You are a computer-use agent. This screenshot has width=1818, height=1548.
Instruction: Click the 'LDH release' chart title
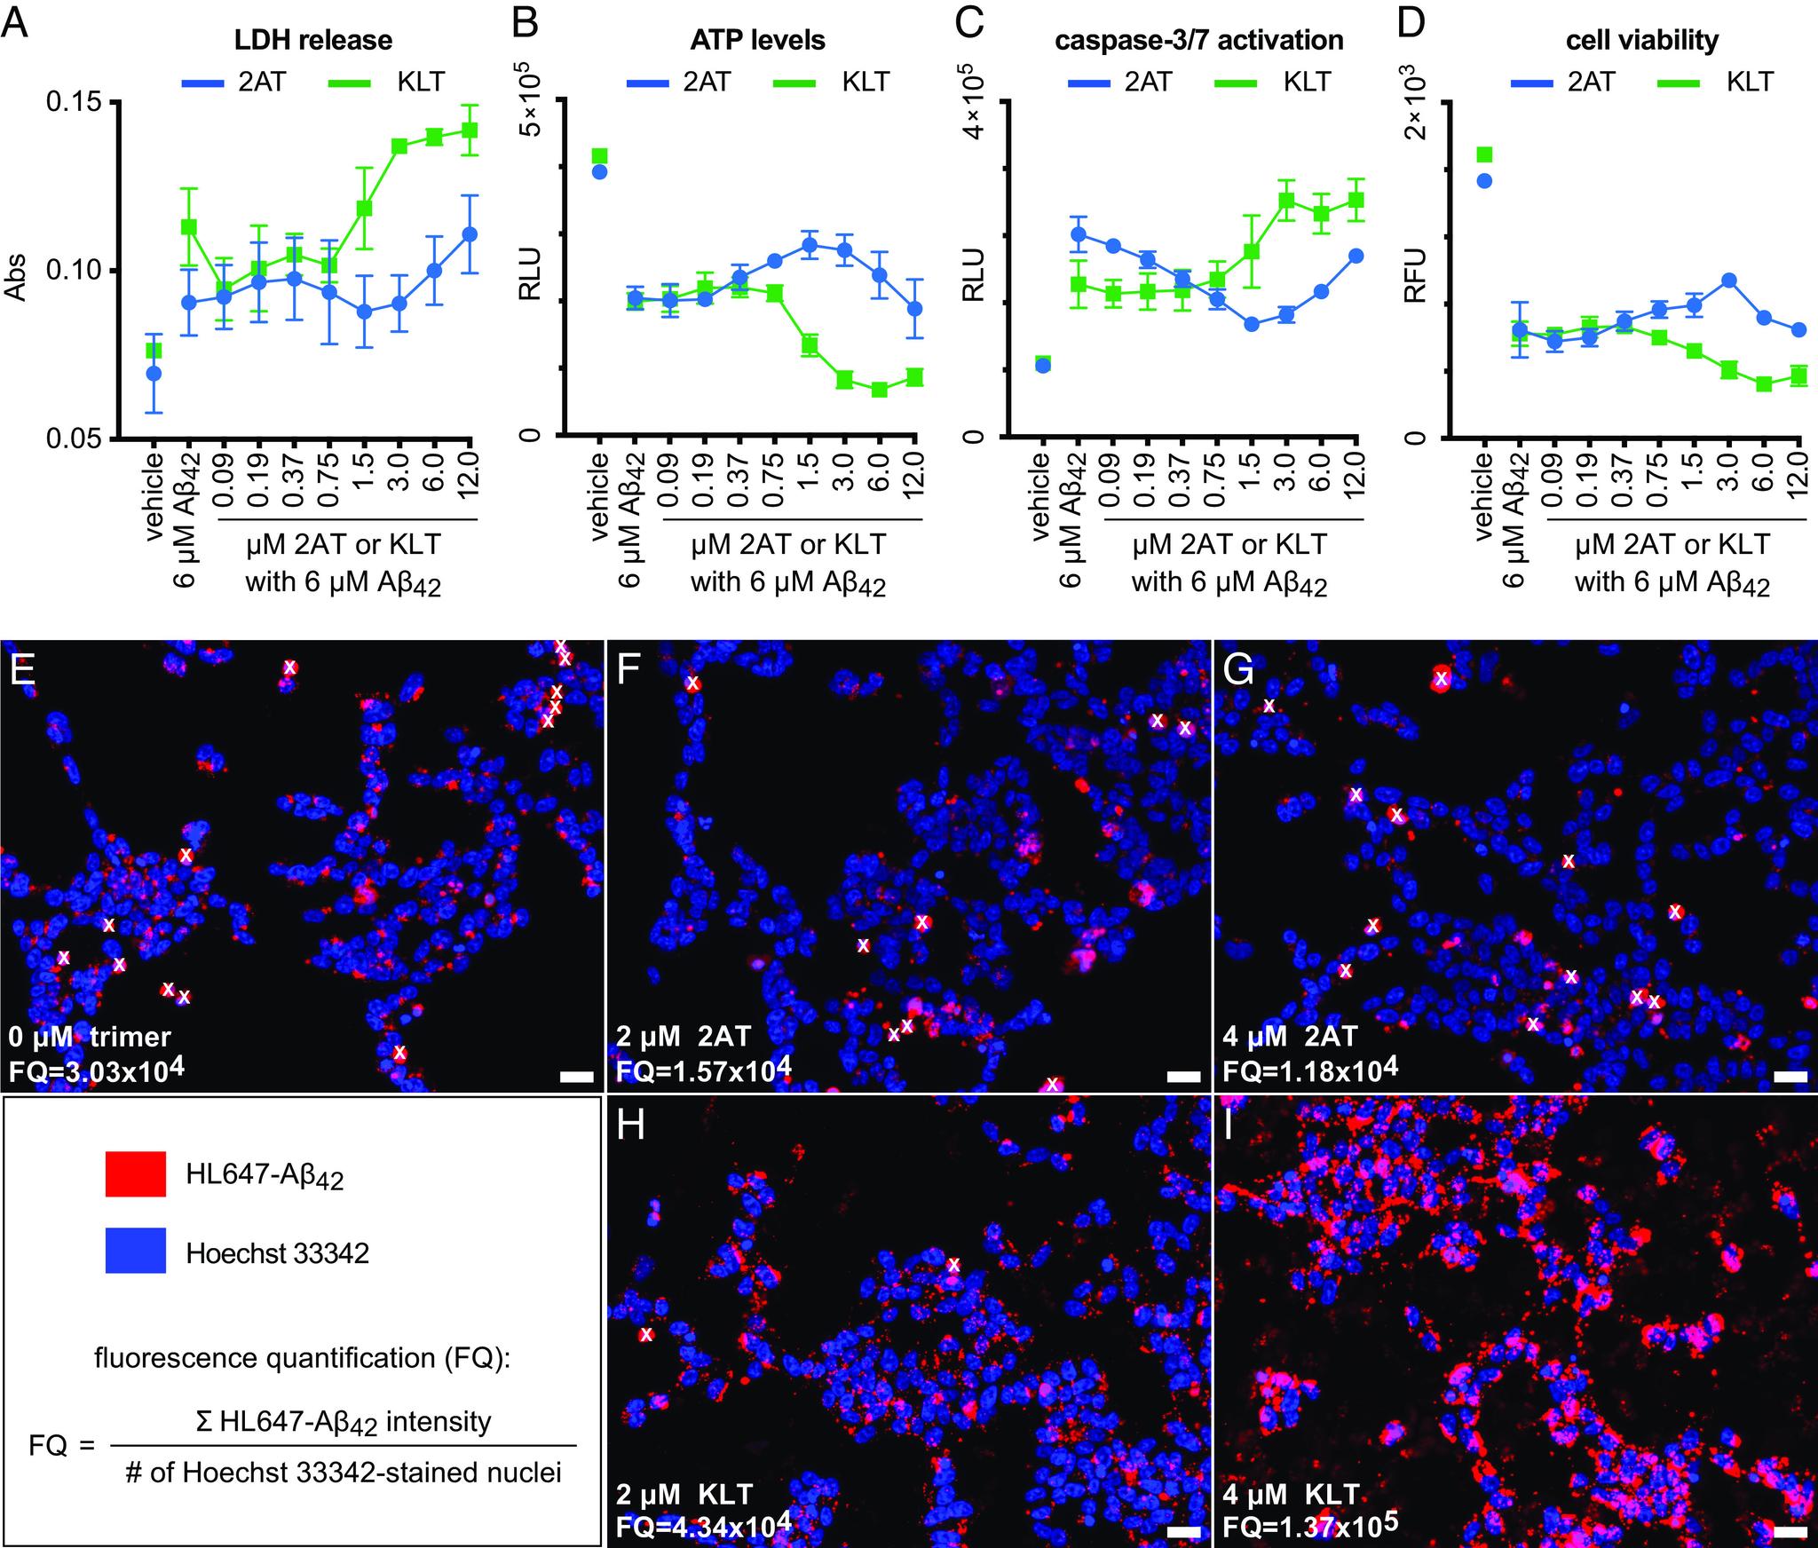click(x=312, y=40)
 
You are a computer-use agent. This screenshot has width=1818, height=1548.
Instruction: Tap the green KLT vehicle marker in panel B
click(x=599, y=156)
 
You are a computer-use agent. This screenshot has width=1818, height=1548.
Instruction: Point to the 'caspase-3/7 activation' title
click(x=1199, y=40)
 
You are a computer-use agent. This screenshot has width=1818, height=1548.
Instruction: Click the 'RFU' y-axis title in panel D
click(x=1415, y=276)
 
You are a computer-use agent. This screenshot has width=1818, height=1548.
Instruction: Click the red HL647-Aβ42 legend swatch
click(x=135, y=1174)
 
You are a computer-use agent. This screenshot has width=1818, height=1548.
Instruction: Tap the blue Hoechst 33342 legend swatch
click(x=135, y=1252)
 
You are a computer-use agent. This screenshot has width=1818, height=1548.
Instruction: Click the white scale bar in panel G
click(x=1788, y=1077)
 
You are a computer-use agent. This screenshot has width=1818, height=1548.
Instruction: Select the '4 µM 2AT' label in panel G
click(x=1288, y=1036)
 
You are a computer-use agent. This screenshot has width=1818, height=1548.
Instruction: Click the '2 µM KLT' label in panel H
click(x=685, y=1492)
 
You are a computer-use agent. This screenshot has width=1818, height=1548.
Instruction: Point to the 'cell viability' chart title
click(x=1643, y=40)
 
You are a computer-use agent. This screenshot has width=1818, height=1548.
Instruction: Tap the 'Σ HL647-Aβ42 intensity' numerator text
click(x=343, y=1422)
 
